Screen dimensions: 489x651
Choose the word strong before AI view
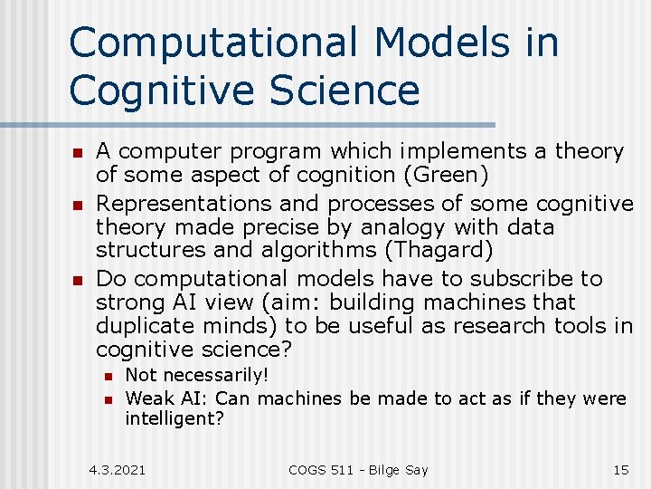(x=128, y=302)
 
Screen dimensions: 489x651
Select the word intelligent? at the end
(x=174, y=420)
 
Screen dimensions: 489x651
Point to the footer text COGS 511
(x=326, y=469)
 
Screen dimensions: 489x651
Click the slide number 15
(x=620, y=469)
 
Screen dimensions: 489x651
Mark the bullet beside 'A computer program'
(x=79, y=152)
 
